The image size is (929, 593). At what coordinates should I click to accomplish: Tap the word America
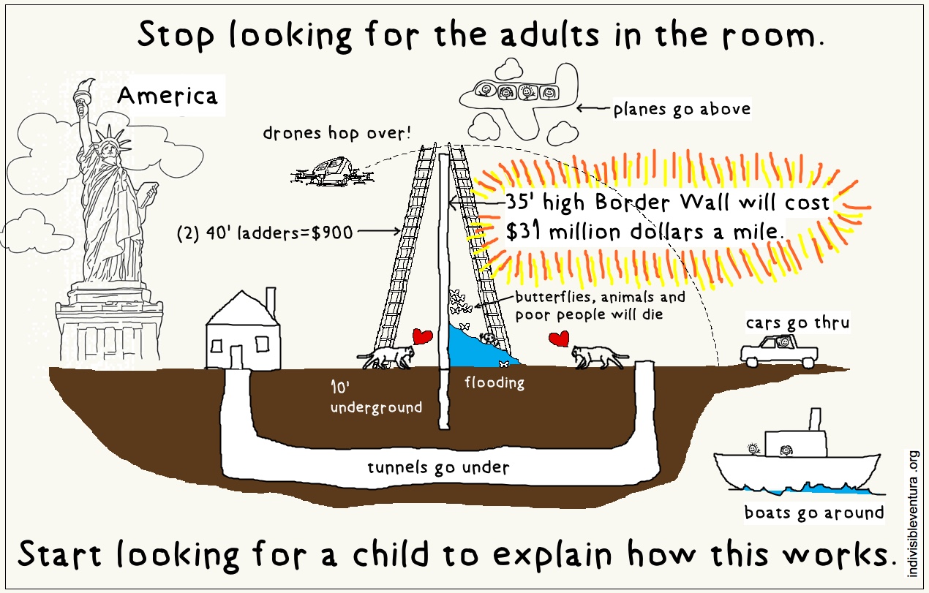click(x=168, y=97)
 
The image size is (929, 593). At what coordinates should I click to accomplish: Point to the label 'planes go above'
click(x=682, y=110)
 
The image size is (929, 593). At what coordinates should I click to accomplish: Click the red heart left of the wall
click(x=422, y=336)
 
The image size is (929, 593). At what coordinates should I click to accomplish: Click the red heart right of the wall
click(x=560, y=340)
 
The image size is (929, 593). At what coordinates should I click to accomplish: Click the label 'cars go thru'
click(x=797, y=322)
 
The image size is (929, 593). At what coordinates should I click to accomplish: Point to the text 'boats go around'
click(x=813, y=513)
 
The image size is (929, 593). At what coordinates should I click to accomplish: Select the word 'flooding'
click(x=494, y=382)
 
